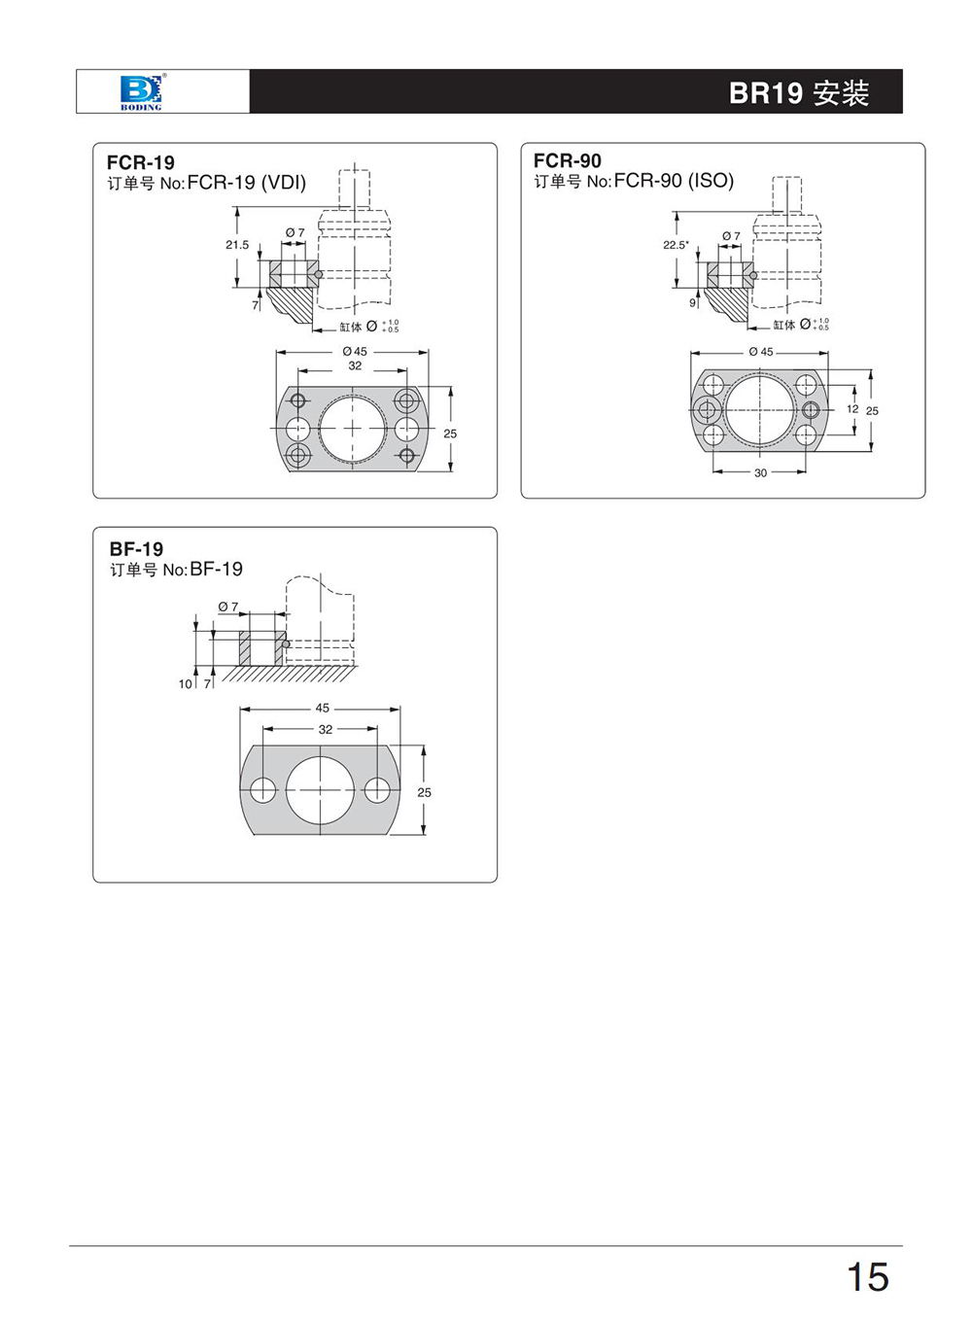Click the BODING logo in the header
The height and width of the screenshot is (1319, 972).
pyautogui.click(x=141, y=92)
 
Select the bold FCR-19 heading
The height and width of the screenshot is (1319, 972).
pyautogui.click(x=141, y=162)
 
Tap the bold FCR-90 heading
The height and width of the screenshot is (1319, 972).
pyautogui.click(x=568, y=160)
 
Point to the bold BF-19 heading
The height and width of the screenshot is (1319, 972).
pyautogui.click(x=137, y=549)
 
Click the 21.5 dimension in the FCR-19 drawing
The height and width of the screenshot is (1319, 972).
pyautogui.click(x=237, y=244)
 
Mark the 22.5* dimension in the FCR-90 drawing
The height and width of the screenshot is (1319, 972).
pyautogui.click(x=676, y=245)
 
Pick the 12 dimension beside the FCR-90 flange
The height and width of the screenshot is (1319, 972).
pyautogui.click(x=852, y=408)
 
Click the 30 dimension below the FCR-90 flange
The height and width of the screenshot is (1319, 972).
pyautogui.click(x=761, y=472)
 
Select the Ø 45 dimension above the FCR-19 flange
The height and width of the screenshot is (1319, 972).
pyautogui.click(x=355, y=352)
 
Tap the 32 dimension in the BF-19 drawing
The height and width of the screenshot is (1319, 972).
pyautogui.click(x=326, y=730)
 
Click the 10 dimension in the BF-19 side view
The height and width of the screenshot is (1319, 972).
pyautogui.click(x=185, y=683)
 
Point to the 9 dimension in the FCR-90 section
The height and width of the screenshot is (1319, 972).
pyautogui.click(x=692, y=302)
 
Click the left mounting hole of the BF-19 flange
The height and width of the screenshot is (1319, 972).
pyautogui.click(x=263, y=790)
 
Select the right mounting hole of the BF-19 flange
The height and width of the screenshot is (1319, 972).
pyautogui.click(x=377, y=790)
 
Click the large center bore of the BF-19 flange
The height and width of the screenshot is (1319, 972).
pyautogui.click(x=320, y=790)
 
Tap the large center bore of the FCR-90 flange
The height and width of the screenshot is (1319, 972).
pyautogui.click(x=760, y=410)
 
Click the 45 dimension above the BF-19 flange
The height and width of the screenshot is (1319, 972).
pyautogui.click(x=322, y=708)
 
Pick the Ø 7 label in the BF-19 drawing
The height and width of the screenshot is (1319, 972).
pyautogui.click(x=227, y=607)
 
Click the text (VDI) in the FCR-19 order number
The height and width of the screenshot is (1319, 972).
pyautogui.click(x=284, y=183)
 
